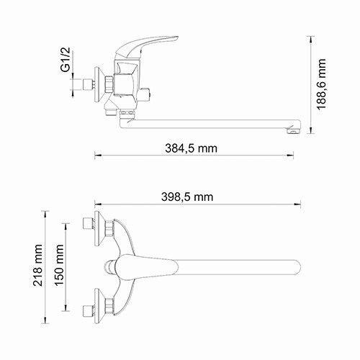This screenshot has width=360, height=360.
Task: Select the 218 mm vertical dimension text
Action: click(39, 267)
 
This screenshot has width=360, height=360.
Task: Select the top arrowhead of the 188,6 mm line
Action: click(310, 41)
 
